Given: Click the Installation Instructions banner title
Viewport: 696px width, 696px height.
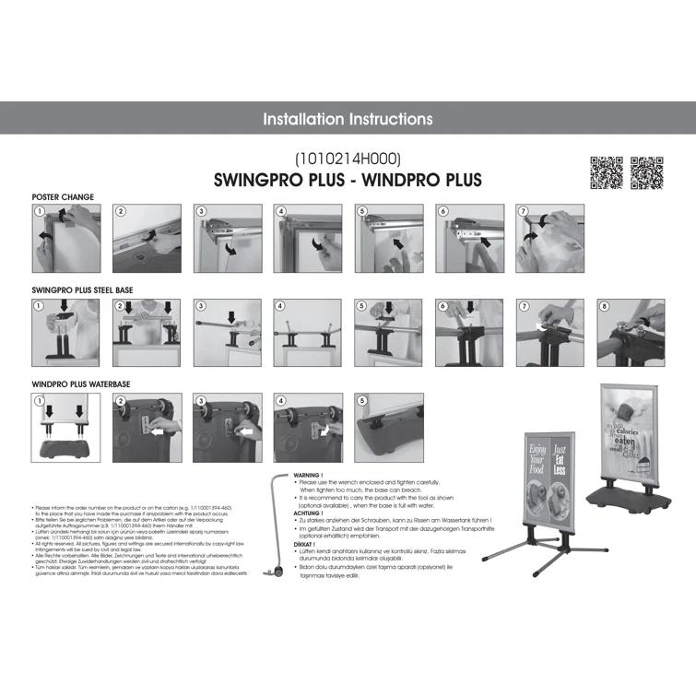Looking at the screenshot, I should point(348,119).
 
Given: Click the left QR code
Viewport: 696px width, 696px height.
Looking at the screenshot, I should point(606,172).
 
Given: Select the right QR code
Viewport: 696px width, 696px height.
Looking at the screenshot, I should point(647,172).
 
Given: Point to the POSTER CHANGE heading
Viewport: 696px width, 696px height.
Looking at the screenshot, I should point(63,197).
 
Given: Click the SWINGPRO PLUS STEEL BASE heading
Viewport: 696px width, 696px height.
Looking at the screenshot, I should point(83,289).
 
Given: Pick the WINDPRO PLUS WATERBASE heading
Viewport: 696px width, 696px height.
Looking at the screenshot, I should point(79,382).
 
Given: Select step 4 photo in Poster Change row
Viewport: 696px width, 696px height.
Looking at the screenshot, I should point(308,238).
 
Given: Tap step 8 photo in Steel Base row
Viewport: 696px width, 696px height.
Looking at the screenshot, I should point(631,331).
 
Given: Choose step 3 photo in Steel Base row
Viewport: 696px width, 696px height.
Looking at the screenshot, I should point(228,331).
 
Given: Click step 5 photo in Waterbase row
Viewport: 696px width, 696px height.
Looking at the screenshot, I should point(389,425).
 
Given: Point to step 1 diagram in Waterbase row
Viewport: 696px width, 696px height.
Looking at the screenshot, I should point(66,425).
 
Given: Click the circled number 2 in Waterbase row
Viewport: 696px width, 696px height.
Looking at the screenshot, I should point(120,401).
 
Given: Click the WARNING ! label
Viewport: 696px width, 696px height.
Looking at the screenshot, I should point(307,475).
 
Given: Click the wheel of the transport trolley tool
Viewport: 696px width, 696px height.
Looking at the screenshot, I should point(276,575).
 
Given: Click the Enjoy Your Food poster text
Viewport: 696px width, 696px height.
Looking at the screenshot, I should point(537,455).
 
